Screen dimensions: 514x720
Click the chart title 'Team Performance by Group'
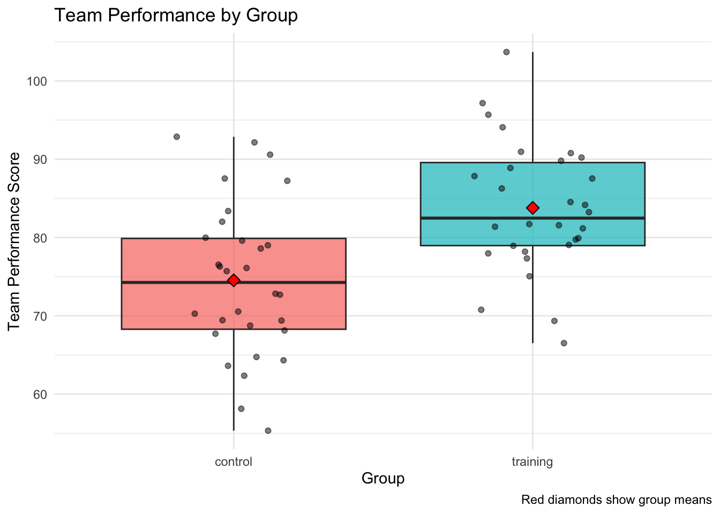[x=176, y=16]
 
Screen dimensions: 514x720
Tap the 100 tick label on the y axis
[x=37, y=81]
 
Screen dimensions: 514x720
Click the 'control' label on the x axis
[x=233, y=462]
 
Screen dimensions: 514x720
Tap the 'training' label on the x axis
[x=532, y=462]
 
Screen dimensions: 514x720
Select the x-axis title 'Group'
[x=383, y=478]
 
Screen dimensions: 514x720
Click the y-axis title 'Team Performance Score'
[x=15, y=241]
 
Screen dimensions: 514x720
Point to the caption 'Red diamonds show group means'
[x=616, y=500]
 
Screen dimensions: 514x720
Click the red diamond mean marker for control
[x=234, y=281]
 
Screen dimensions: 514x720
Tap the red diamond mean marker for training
[x=532, y=208]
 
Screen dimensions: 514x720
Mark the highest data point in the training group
[x=506, y=52]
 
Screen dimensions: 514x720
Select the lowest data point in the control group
[x=268, y=430]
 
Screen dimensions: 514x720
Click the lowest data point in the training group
[x=564, y=343]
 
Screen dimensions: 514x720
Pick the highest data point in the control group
[x=177, y=137]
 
